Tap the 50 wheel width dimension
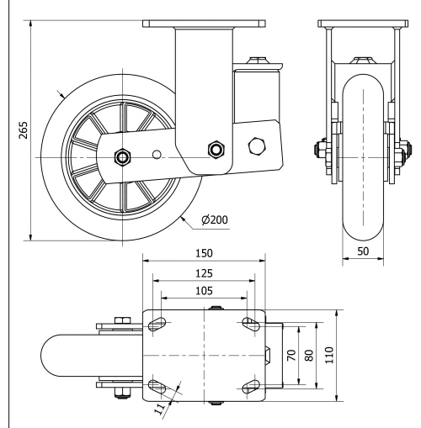pyautogui.click(x=362, y=251)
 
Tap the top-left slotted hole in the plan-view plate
pyautogui.click(x=157, y=323)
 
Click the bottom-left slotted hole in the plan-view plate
pyautogui.click(x=157, y=386)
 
